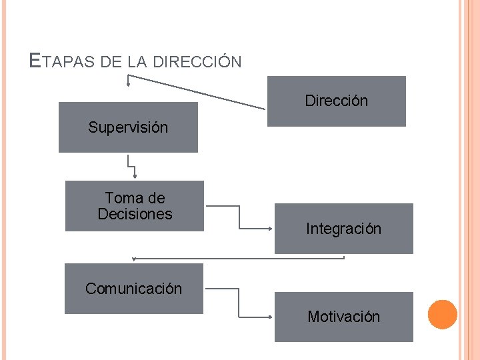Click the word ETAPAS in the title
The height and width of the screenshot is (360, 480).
coord(63,62)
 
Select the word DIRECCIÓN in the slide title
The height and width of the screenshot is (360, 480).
coord(197,62)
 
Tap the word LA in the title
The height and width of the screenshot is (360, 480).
coord(137,62)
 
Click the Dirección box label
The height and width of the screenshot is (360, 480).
coord(336,101)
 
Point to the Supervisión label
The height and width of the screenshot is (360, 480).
coord(128,127)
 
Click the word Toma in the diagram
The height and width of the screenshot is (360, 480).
coord(125,198)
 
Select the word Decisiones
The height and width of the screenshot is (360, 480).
coord(135,214)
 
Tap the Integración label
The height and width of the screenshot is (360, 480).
coord(343,229)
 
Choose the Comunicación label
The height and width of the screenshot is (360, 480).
coord(133,289)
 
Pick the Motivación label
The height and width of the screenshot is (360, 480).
coord(343,317)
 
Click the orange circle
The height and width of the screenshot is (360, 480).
coord(442,314)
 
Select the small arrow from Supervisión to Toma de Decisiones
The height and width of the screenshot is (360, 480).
coord(131,166)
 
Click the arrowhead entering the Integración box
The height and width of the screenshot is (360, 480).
coord(269,229)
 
